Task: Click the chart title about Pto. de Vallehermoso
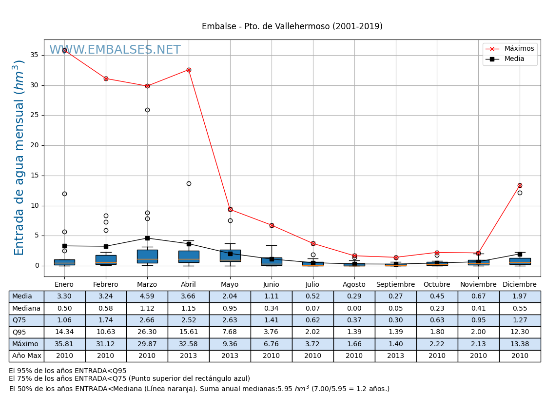click(292, 27)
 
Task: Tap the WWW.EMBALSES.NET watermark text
click(115, 50)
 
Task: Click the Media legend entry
click(514, 59)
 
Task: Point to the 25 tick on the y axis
click(34, 115)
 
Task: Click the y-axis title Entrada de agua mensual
click(19, 157)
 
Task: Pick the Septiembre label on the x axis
click(395, 285)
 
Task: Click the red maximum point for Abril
click(189, 70)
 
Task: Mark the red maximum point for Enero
click(64, 50)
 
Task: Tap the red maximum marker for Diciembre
click(520, 185)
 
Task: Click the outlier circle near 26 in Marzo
click(147, 110)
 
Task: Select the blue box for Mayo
click(230, 256)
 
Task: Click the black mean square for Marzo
click(147, 238)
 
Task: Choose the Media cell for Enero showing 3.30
click(64, 296)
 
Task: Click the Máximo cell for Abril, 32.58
click(189, 344)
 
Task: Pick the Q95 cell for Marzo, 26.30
click(147, 332)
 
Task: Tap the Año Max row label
click(26, 356)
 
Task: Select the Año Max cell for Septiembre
click(395, 356)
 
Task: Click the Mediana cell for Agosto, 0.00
click(354, 308)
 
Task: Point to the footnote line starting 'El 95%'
click(68, 371)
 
